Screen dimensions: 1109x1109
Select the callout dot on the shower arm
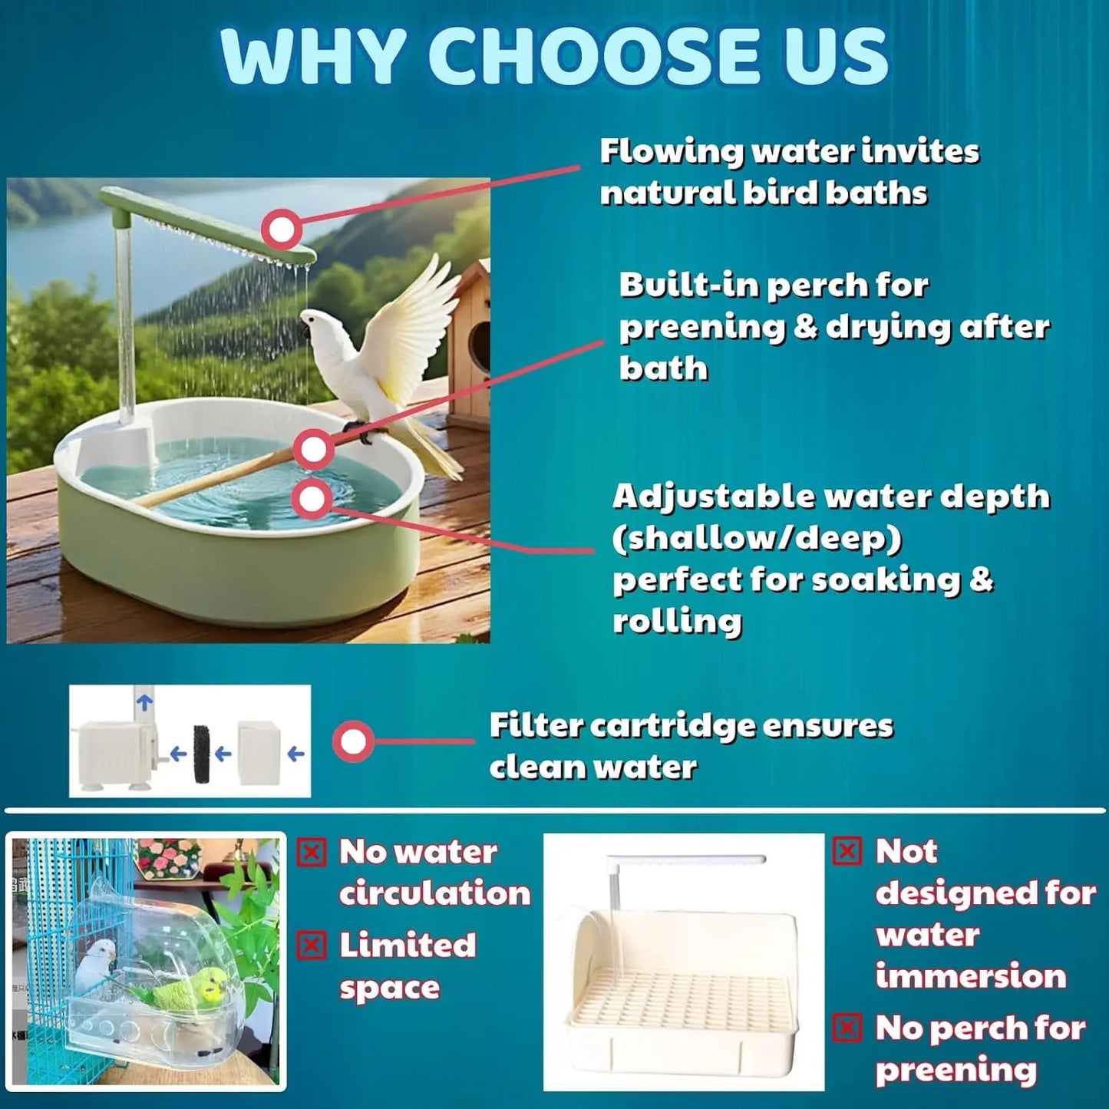pos(281,229)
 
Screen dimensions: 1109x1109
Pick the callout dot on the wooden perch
pos(313,450)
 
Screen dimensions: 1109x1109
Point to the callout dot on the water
pos(312,500)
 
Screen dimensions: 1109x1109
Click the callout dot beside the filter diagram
pos(353,741)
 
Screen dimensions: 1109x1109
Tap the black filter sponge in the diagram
pos(202,754)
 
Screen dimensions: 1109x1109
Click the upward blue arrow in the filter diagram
pos(144,700)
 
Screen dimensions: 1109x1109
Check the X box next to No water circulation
pos(312,853)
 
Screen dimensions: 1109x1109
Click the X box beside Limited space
pos(312,946)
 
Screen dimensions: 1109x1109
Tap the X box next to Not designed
pos(847,851)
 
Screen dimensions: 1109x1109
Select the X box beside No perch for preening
pos(847,1028)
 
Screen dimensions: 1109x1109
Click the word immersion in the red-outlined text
pos(971,976)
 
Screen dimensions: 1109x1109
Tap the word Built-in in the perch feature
pos(688,286)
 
